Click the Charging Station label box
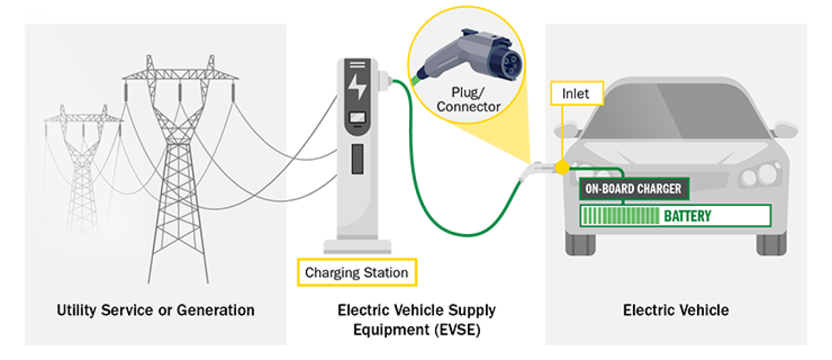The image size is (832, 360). coord(357,272)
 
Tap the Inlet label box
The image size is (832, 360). coord(576,94)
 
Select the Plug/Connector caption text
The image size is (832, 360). coord(468,100)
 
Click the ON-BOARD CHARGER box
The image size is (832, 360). coord(633,189)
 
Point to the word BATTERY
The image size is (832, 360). coord(687,216)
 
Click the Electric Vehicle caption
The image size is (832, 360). coord(675,309)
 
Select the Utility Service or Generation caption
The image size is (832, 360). coord(155,309)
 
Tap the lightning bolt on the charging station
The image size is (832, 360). coord(357,87)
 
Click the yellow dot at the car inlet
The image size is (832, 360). coord(561,168)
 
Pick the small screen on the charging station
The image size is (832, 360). coord(357,118)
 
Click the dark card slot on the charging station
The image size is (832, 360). coord(357,158)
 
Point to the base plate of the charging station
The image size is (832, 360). coord(357,247)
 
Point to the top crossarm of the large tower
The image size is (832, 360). coord(180,75)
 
